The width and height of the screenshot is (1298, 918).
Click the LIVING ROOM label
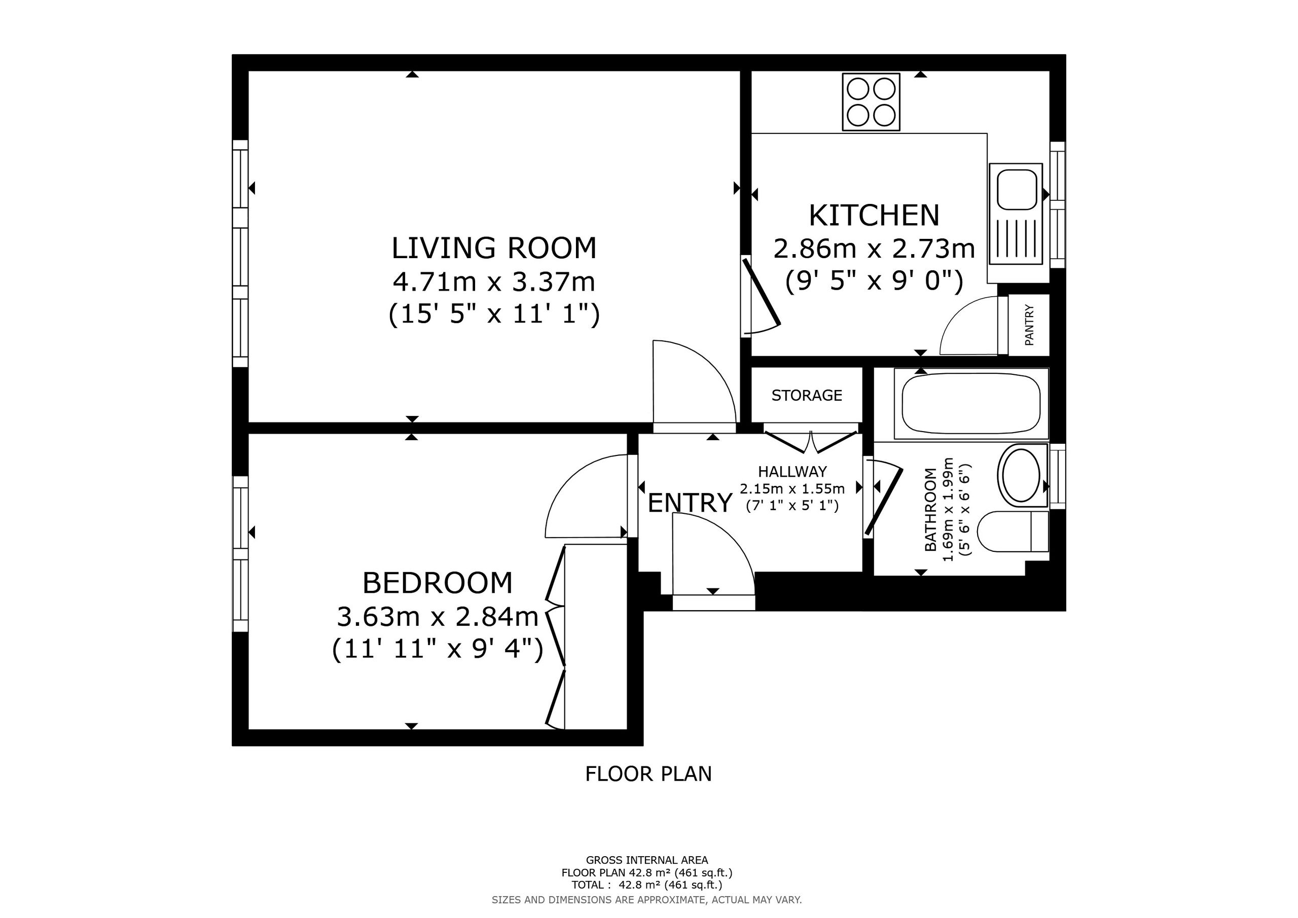coord(494,249)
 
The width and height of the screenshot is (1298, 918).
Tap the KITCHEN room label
coord(874,216)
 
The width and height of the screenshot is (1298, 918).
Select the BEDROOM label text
coord(438,583)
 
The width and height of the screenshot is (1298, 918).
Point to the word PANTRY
coord(1029,325)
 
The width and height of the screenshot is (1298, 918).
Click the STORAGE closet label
coord(807,396)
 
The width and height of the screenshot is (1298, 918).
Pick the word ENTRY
coord(690,503)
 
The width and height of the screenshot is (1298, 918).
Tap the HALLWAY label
coord(792,472)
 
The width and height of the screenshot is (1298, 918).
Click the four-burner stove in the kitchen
coord(871,102)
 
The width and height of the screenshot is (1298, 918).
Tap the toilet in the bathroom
coord(1013,532)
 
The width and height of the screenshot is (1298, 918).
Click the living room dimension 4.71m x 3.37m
coord(494,281)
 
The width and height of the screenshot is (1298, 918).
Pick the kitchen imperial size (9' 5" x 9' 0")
coord(874,281)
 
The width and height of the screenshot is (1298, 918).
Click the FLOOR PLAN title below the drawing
coord(648,774)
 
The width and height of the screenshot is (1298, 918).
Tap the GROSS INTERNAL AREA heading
coord(647,860)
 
